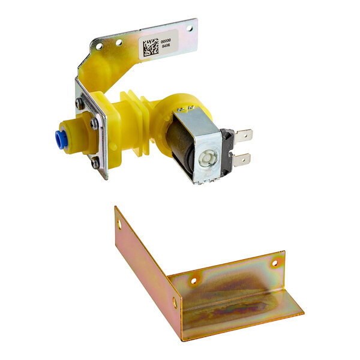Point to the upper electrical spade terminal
click(243, 136)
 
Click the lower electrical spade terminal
click(241, 160)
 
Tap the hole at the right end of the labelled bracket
click(190, 28)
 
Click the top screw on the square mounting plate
click(80, 103)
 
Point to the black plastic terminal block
click(226, 150)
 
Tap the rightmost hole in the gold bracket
click(275, 263)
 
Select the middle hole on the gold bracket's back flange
click(193, 280)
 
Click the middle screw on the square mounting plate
click(94, 125)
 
